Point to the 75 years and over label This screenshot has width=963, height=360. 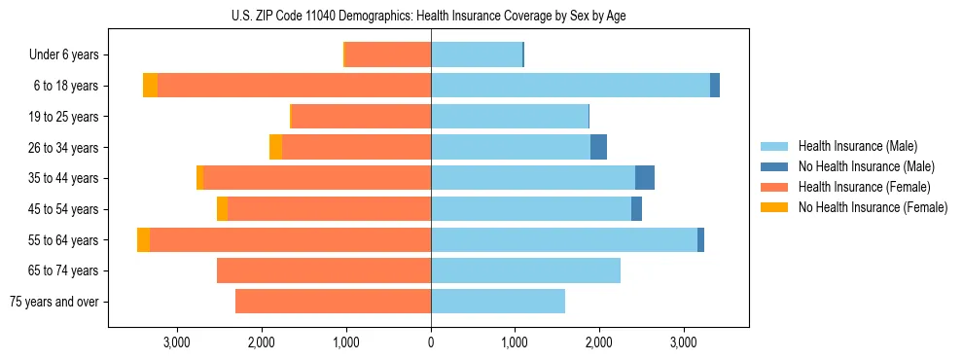click(x=53, y=302)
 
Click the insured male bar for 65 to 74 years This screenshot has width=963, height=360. click(x=525, y=270)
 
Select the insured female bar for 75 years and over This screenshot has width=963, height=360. click(x=333, y=302)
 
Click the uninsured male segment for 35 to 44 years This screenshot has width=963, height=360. click(x=645, y=178)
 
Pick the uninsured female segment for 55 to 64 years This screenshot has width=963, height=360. click(x=143, y=239)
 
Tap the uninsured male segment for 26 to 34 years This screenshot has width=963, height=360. click(x=598, y=147)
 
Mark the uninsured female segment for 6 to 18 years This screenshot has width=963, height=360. click(x=150, y=86)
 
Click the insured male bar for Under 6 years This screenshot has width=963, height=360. click(x=477, y=55)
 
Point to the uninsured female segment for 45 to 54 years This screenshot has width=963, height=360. click(x=222, y=209)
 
